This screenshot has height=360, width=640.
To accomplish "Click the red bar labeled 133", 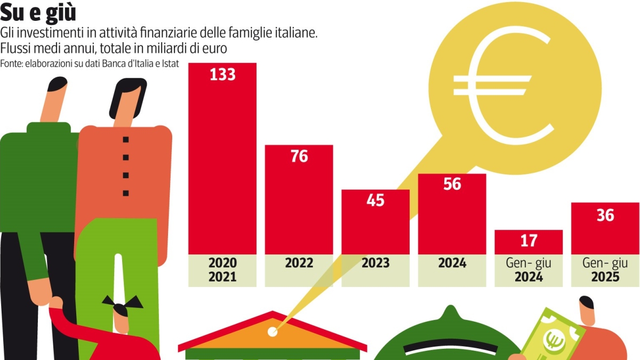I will (x=222, y=160).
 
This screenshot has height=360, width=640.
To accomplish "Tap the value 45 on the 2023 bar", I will (x=375, y=201).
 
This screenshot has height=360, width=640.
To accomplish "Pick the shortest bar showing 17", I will (x=528, y=242).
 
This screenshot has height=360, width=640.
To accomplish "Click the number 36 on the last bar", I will (x=605, y=215).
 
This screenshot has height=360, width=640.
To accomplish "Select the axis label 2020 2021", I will (x=222, y=270).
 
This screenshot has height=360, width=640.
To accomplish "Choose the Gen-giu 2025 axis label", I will (x=605, y=270).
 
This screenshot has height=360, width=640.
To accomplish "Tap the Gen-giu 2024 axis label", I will (x=528, y=270).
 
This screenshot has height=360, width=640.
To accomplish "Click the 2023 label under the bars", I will (x=375, y=263).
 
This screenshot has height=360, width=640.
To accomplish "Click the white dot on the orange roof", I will (x=273, y=332).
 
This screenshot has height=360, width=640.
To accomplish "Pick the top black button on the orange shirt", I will (x=126, y=140).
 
